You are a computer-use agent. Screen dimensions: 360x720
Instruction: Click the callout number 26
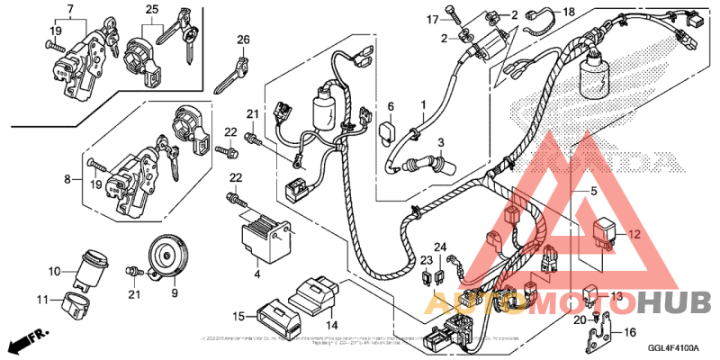click(243, 40)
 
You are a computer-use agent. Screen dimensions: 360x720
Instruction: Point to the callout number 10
click(54, 271)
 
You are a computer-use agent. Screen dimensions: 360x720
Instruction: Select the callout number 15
click(238, 316)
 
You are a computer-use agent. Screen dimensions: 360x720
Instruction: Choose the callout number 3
click(442, 142)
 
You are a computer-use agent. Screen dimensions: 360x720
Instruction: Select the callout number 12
click(633, 234)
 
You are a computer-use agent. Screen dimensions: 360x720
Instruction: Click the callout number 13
click(616, 295)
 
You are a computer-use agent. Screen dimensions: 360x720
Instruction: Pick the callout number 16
click(630, 332)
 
